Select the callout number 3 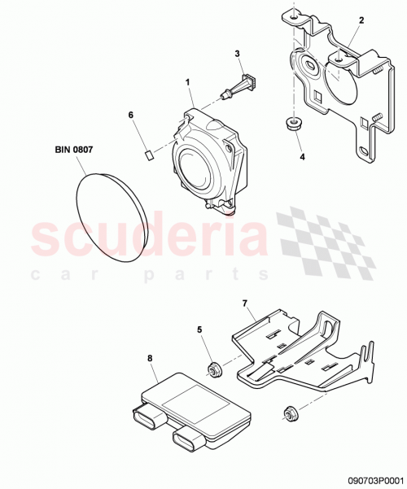(x=238, y=54)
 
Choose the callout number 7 (x=243, y=303)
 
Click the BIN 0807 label (x=75, y=149)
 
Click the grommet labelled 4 (x=288, y=124)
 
